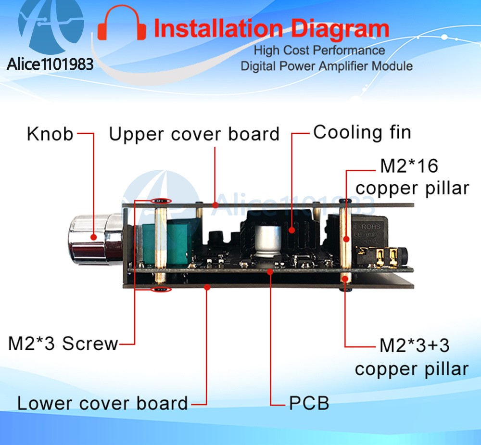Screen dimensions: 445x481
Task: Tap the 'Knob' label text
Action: [x=50, y=134]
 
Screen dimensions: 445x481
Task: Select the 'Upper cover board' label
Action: [x=194, y=134]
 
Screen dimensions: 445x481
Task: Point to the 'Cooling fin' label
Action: [x=362, y=132]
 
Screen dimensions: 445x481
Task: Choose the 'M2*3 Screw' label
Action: [x=63, y=343]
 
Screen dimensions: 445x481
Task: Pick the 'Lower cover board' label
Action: [x=102, y=403]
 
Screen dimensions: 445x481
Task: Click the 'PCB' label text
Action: [x=309, y=403]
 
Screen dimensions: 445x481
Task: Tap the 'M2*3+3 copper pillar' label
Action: [x=412, y=357]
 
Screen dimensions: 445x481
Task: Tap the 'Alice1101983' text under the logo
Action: [x=50, y=64]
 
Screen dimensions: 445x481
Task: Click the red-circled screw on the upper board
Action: [x=161, y=201]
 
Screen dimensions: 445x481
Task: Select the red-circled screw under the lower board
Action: [x=161, y=290]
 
